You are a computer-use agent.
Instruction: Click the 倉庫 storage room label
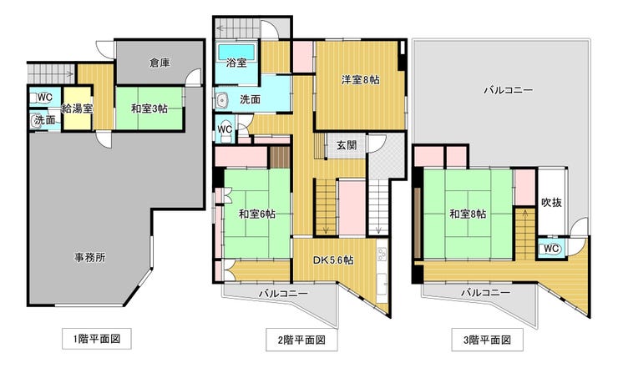tap(160, 63)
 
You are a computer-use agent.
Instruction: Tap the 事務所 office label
tap(90, 258)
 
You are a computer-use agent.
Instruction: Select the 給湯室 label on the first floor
tap(77, 108)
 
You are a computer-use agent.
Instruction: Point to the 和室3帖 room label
tap(149, 108)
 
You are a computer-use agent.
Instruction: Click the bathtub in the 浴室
tap(236, 52)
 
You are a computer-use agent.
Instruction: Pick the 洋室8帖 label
tap(361, 80)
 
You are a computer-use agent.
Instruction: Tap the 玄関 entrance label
tap(347, 145)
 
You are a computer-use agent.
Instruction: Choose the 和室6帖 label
tap(257, 214)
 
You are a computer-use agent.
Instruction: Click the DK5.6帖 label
tap(333, 260)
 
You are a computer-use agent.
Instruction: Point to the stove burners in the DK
tap(381, 255)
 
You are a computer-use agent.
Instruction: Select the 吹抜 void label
tap(551, 203)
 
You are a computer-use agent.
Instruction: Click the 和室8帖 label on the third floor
tap(468, 214)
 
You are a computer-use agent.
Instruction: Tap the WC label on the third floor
tap(551, 249)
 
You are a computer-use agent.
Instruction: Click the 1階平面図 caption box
tap(97, 339)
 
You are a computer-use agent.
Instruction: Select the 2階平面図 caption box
tap(301, 340)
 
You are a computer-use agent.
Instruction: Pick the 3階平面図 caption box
tap(487, 340)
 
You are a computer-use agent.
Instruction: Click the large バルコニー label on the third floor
tap(509, 90)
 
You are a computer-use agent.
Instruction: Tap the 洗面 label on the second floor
tap(250, 99)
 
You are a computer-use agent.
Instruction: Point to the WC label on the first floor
tap(45, 97)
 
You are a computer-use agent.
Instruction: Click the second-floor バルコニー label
tap(283, 294)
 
